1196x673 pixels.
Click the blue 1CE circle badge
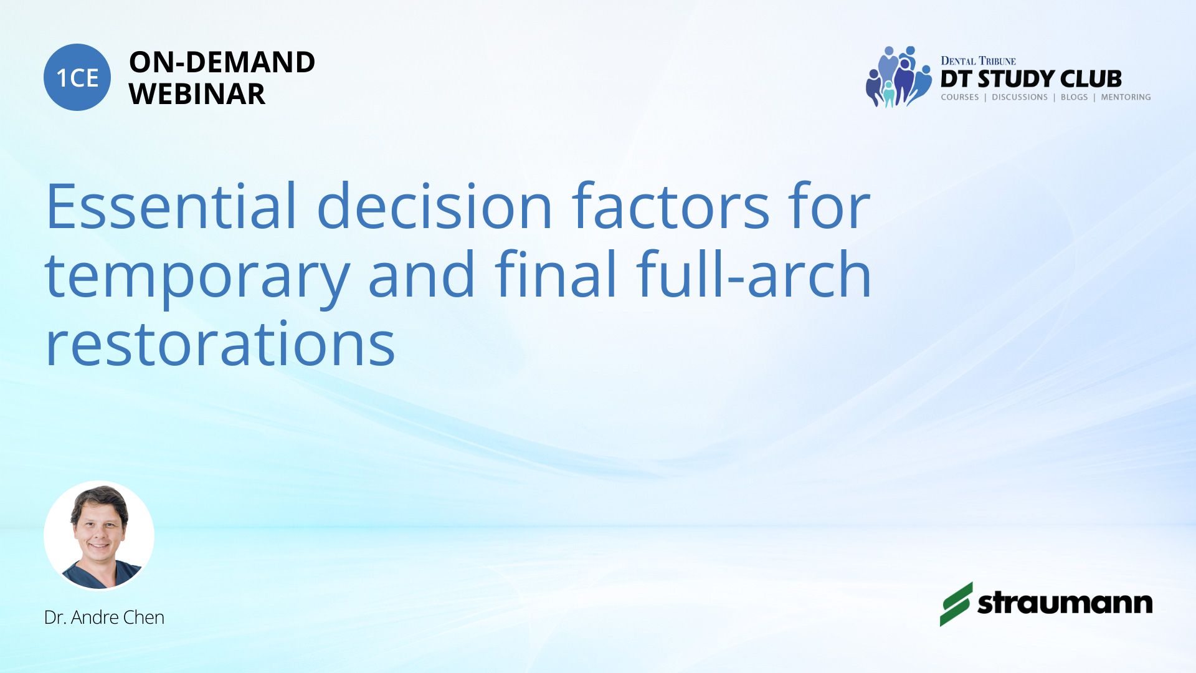pos(77,77)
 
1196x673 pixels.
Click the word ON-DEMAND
pos(222,62)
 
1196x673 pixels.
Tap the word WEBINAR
pos(197,94)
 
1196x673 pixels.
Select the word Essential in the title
pos(171,206)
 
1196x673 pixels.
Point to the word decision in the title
pos(435,206)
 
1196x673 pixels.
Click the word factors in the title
pos(672,206)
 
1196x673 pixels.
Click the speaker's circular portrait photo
pos(99,535)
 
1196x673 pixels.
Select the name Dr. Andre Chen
pos(104,617)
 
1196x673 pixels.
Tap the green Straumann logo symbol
pos(956,604)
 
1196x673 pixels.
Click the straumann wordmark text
pos(1065,603)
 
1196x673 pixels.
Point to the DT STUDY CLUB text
pos(1031,79)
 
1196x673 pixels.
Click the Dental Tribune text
pos(978,60)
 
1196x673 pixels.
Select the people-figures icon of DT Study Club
pos(898,77)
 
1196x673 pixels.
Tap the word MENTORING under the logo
pos(1126,97)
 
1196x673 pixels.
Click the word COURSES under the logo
pos(960,97)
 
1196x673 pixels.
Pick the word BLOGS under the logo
pos(1074,97)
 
